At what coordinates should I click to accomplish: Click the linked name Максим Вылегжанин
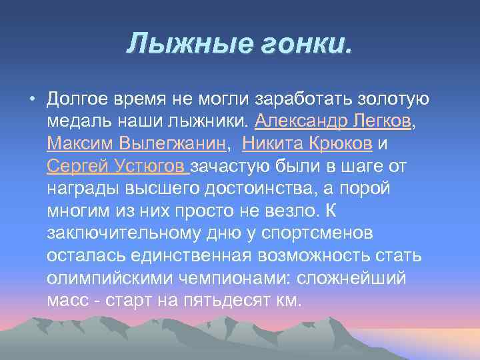pos(137,144)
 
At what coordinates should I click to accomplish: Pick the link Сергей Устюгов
pos(118,166)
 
